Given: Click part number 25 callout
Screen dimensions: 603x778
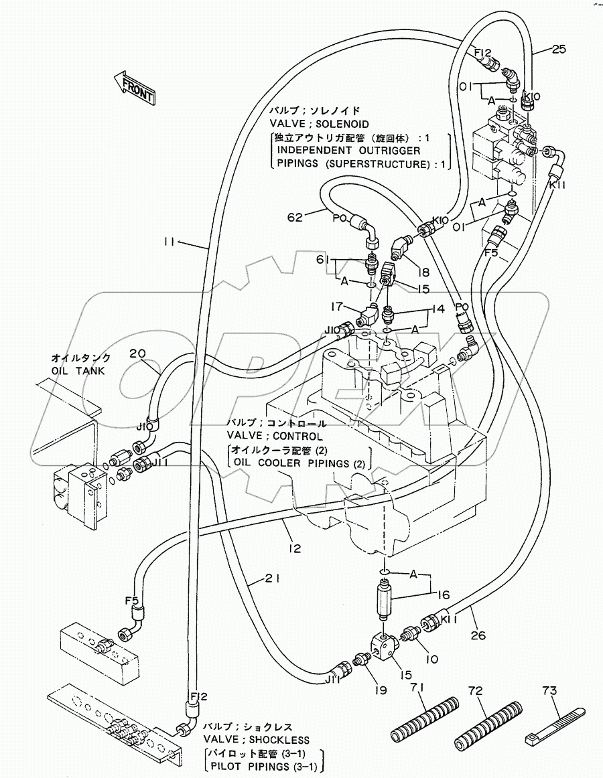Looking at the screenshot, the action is [558, 49].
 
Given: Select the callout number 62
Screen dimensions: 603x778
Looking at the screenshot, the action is [294, 217].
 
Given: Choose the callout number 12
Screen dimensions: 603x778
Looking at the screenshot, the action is [294, 548].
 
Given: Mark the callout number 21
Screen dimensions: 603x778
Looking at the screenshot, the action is [273, 578].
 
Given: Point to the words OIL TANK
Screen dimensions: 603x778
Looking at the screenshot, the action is [78, 371].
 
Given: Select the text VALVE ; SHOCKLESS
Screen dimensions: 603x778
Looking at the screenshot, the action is [256, 740].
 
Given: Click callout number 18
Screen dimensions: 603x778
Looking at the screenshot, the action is [423, 271].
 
